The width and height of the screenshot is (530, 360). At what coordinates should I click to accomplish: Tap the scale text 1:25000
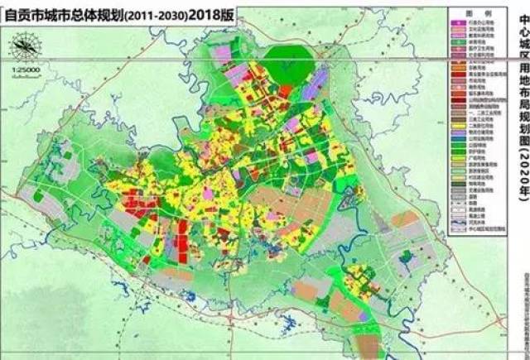point(26,72)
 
